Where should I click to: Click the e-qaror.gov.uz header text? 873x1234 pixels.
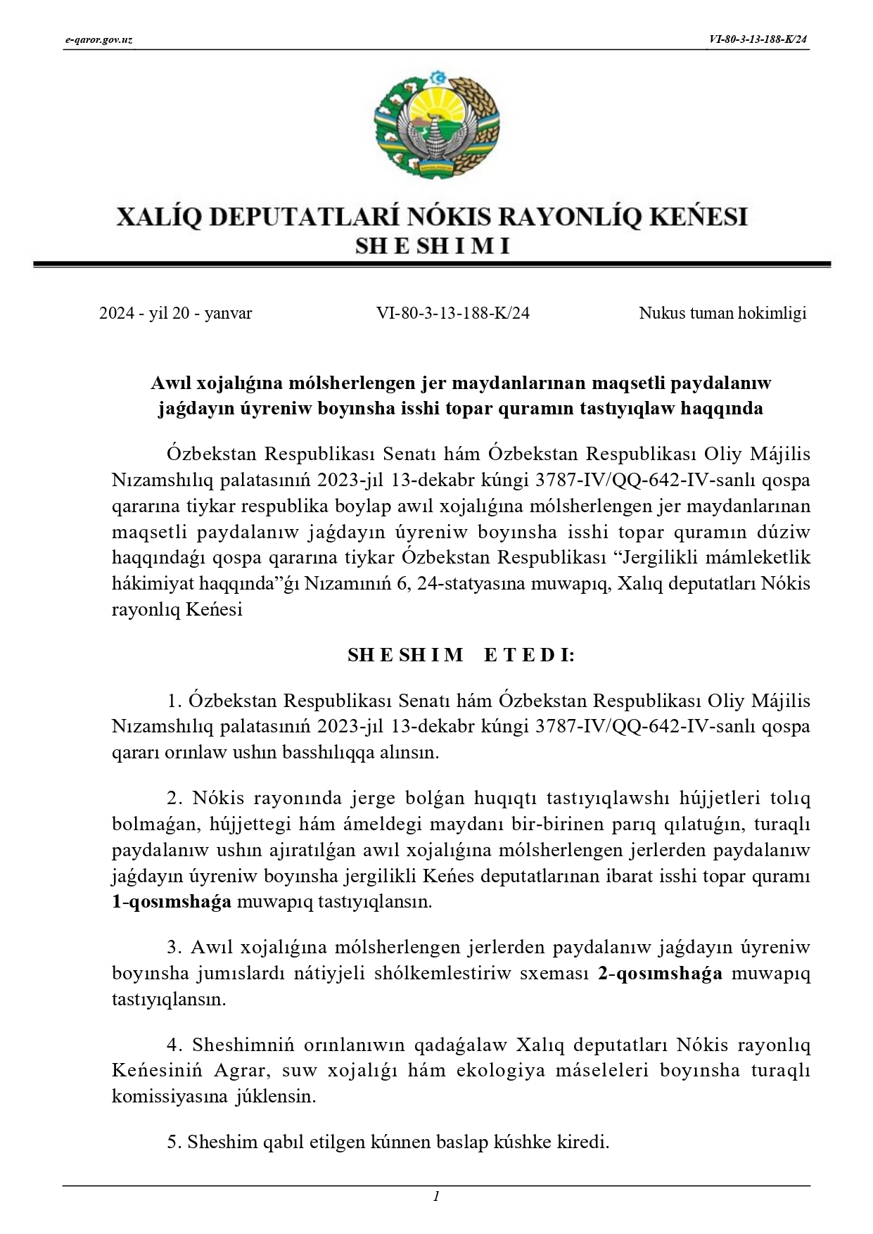click(x=98, y=40)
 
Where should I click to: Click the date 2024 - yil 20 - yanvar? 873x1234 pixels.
click(x=175, y=314)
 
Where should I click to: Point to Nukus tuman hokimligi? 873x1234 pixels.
click(x=722, y=314)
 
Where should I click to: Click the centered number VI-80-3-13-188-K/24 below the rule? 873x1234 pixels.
click(x=453, y=314)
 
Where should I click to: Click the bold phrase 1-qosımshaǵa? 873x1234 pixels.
click(x=172, y=902)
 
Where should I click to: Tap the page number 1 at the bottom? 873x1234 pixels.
click(x=437, y=1196)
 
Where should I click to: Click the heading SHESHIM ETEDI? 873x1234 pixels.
click(x=461, y=655)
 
